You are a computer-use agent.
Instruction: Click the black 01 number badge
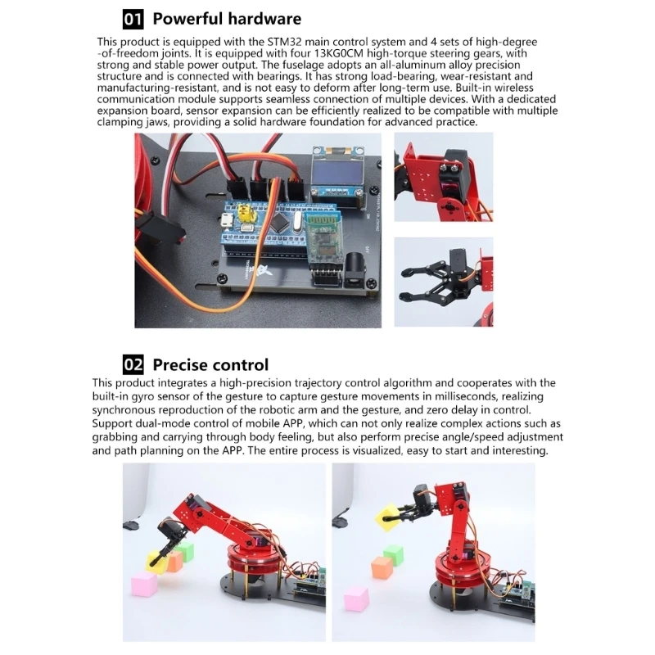point(133,19)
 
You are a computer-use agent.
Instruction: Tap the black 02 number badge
point(133,364)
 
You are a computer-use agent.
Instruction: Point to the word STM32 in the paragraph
point(284,42)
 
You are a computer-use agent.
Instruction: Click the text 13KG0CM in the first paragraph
point(337,53)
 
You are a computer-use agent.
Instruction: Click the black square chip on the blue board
point(278,223)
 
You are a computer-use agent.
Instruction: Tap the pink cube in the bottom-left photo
point(145,585)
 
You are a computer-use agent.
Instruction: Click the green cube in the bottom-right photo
point(394,555)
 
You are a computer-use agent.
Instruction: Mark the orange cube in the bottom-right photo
point(382,567)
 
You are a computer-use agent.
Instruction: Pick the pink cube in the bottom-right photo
point(356,599)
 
